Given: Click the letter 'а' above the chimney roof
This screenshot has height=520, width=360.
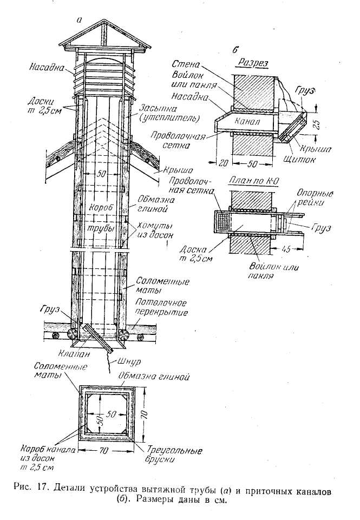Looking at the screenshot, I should (x=79, y=20).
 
